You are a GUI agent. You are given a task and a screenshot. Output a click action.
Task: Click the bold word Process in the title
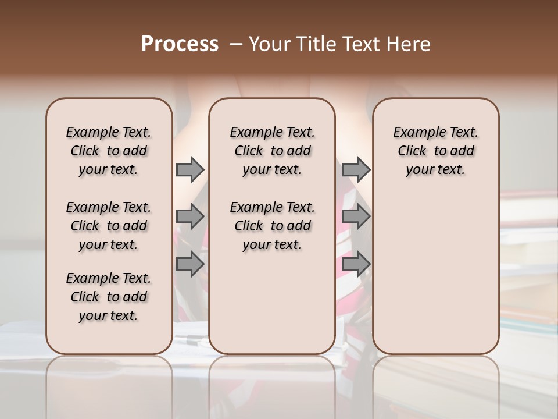[x=180, y=44]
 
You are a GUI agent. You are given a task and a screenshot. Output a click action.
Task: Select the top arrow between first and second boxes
[x=190, y=169]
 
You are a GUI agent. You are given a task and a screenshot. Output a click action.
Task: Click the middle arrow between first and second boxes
[x=190, y=216]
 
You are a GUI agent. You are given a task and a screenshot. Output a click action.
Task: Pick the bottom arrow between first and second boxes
[x=190, y=264]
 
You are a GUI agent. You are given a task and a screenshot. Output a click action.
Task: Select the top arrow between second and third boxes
[x=356, y=169]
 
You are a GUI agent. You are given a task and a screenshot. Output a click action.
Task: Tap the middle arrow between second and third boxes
[x=356, y=216]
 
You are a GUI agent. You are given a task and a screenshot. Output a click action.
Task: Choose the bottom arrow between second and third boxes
[x=356, y=264]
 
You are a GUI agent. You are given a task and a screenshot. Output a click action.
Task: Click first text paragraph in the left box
[x=109, y=151]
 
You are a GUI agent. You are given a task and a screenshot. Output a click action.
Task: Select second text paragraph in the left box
[x=109, y=226]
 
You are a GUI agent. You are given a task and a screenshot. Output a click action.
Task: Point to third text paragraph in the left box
[x=109, y=297]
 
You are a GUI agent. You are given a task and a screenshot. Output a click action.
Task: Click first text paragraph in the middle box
[x=272, y=151]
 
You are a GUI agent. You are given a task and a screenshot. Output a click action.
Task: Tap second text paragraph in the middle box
[x=272, y=226]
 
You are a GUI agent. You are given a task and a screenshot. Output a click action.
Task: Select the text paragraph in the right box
[x=435, y=151]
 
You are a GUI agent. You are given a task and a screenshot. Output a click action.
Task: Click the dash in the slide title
[x=235, y=44]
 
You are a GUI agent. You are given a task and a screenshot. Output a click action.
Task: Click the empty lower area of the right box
[x=435, y=274]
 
